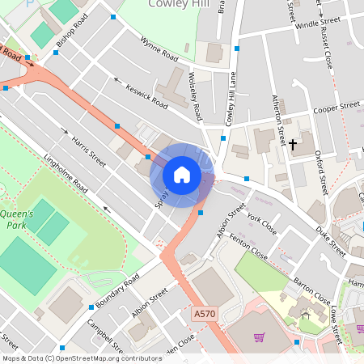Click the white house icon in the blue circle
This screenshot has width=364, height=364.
coord(182,175)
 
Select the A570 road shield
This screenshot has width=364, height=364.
coord(205,311)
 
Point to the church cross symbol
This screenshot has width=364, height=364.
coord(293,145)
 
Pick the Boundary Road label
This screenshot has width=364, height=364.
coord(117,290)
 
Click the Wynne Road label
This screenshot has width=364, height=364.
coord(159,49)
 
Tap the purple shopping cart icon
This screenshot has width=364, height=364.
coord(259,337)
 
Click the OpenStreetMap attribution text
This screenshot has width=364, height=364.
coord(82,358)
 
